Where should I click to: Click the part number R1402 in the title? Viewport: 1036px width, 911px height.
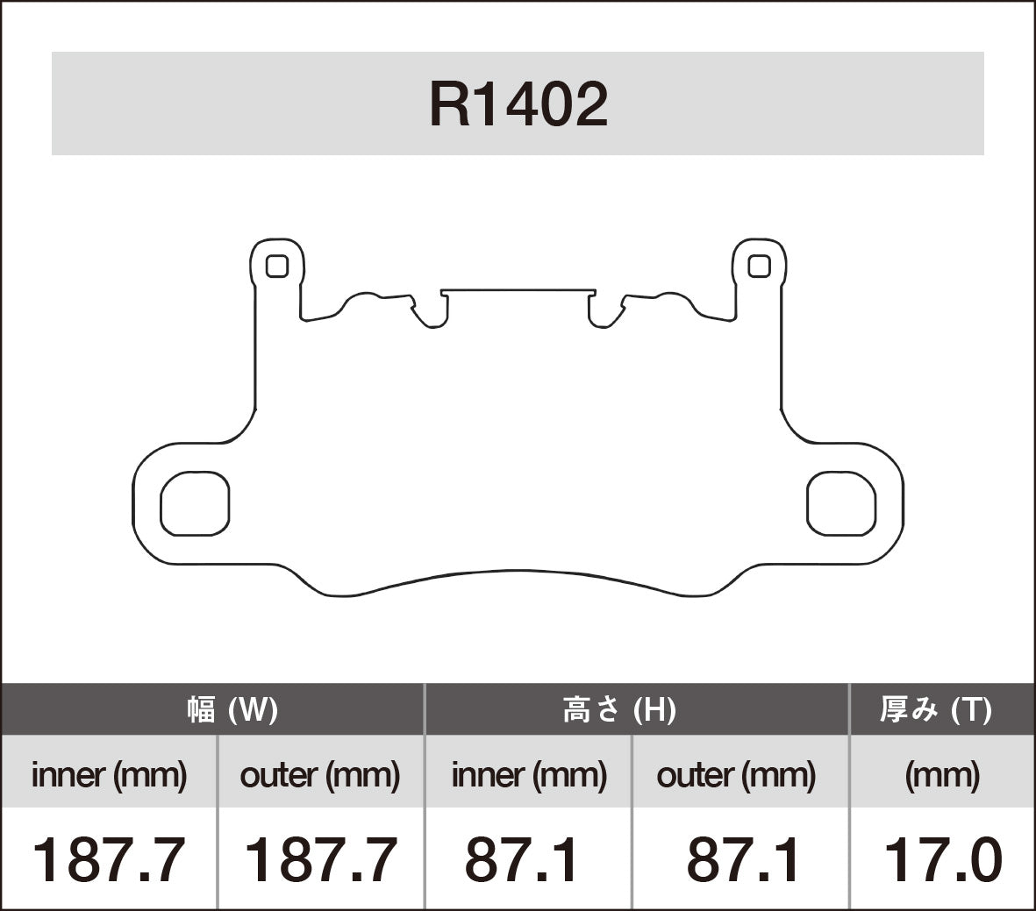[x=518, y=105]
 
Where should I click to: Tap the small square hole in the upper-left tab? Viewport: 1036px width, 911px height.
[x=276, y=266]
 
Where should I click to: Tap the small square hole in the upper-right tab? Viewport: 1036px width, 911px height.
[x=760, y=266]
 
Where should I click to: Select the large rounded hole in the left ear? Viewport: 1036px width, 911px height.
[x=195, y=503]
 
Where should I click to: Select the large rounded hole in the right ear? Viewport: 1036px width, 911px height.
[x=841, y=503]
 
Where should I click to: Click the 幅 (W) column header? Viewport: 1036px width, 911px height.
[x=232, y=709]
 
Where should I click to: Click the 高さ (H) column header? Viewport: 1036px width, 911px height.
[x=618, y=709]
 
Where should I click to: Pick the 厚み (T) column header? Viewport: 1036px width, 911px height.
[x=936, y=709]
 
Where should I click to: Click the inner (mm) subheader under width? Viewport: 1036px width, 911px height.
[x=109, y=775]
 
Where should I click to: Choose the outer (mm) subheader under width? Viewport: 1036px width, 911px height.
[x=319, y=775]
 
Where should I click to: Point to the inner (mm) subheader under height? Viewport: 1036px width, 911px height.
[x=528, y=775]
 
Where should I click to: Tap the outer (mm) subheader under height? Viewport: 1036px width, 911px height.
[x=736, y=775]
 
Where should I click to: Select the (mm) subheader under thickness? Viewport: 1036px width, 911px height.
[x=941, y=775]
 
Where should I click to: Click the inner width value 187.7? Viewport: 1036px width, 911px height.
[x=109, y=860]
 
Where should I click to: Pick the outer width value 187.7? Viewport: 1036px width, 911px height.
[x=319, y=860]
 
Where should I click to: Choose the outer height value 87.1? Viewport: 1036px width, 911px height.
[x=743, y=860]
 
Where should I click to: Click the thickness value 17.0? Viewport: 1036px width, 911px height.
[x=941, y=860]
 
